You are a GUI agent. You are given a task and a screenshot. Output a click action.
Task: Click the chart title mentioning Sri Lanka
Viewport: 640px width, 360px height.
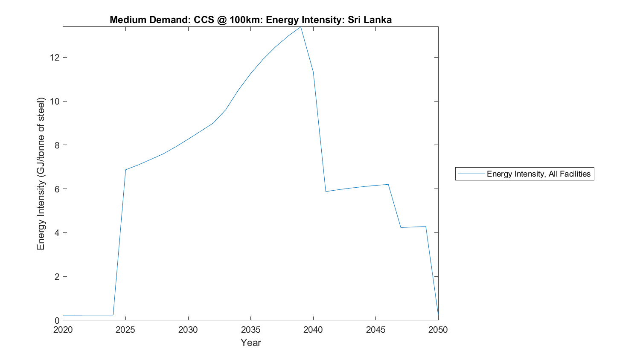pos(250,20)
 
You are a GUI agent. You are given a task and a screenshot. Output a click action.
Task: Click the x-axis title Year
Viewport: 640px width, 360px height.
pos(250,343)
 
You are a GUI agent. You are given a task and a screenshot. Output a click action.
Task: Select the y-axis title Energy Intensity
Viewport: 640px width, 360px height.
pos(41,174)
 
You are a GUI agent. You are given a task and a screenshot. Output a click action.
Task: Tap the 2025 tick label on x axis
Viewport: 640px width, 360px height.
pos(125,330)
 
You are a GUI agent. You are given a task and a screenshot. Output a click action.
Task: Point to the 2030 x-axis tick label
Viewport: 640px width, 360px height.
pos(188,330)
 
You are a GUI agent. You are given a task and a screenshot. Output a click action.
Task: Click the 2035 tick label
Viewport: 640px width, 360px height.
pos(250,330)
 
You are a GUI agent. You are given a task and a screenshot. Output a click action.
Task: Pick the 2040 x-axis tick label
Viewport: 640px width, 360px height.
pos(313,330)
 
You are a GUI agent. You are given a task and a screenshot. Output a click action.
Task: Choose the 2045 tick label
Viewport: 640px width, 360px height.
pos(375,330)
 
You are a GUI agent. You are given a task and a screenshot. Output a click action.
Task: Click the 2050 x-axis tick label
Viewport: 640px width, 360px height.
pos(438,330)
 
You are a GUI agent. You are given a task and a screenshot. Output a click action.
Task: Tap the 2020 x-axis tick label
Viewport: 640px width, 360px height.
pos(63,330)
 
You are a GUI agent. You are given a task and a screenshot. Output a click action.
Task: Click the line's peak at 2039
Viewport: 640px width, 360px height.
pos(301,27)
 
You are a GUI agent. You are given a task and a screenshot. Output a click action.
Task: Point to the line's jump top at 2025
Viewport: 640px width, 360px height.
pos(125,170)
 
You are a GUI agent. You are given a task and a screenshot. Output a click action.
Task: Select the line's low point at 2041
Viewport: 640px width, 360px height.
pos(326,192)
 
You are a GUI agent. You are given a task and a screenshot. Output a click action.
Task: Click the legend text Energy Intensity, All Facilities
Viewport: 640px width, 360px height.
pos(538,174)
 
